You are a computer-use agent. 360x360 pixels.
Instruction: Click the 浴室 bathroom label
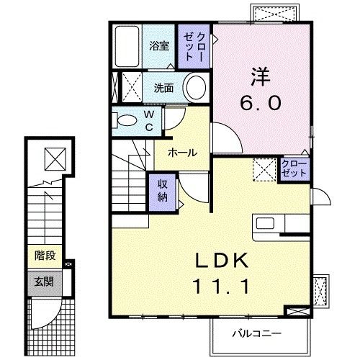(159, 46)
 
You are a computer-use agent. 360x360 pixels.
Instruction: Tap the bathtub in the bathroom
(127, 46)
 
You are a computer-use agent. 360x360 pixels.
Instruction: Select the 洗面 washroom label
(163, 88)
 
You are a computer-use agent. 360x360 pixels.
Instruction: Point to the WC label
(149, 121)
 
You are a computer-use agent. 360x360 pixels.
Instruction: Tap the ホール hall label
(182, 153)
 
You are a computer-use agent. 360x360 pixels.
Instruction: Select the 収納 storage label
(163, 191)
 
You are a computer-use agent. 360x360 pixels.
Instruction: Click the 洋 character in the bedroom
(261, 76)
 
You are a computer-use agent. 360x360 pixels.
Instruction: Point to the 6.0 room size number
(261, 103)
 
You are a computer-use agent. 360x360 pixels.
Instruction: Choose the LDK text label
(222, 260)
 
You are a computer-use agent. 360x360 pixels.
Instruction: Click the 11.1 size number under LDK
(222, 287)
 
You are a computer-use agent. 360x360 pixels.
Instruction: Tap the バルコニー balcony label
(256, 333)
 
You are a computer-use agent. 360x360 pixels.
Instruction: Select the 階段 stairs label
(45, 256)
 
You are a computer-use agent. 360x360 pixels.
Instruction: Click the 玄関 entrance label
(44, 282)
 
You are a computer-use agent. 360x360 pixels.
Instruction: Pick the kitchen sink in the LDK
(265, 223)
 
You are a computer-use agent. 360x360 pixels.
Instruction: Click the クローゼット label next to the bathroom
(194, 46)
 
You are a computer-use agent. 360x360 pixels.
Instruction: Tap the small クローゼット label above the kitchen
(294, 168)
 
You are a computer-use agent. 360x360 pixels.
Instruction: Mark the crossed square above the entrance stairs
(55, 159)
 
